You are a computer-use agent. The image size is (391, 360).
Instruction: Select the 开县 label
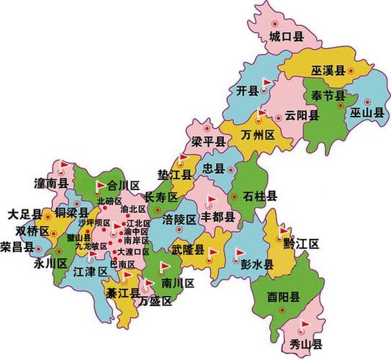pos(247,90)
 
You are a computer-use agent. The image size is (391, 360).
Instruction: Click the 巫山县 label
pos(367,113)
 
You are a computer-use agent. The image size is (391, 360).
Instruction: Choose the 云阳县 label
pos(301,115)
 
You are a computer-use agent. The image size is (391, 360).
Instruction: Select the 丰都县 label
pos(220,216)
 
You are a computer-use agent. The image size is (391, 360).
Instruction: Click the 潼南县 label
pos(50,184)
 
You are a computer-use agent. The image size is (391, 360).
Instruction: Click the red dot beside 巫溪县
pos(351,71)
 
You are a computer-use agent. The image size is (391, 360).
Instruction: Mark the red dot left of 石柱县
pos(235,196)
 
